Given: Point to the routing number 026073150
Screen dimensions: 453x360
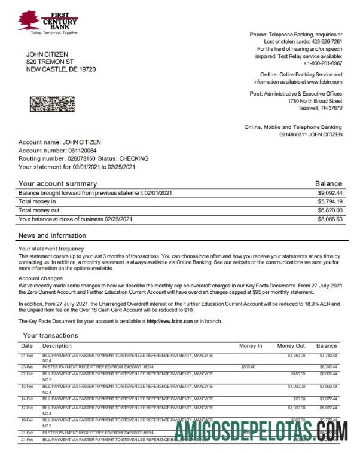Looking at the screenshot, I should tap(81, 159).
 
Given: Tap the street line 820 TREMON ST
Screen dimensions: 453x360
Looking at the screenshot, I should tap(50, 62).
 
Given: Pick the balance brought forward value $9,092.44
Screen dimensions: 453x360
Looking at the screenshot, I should tap(330, 193).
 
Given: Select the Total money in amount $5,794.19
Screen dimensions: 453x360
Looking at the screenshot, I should tap(330, 202).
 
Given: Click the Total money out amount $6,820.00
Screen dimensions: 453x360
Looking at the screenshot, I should tap(330, 210).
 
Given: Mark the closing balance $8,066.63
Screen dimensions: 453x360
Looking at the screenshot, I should tap(330, 219).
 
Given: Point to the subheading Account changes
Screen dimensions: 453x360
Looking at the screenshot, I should tap(41, 278).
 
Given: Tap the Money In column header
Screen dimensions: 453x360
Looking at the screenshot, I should tap(251, 346).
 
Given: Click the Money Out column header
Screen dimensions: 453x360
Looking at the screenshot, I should tap(291, 346).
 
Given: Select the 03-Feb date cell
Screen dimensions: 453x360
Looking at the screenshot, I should tap(27, 366).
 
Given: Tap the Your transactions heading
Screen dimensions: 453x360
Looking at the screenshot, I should tap(50, 335).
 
